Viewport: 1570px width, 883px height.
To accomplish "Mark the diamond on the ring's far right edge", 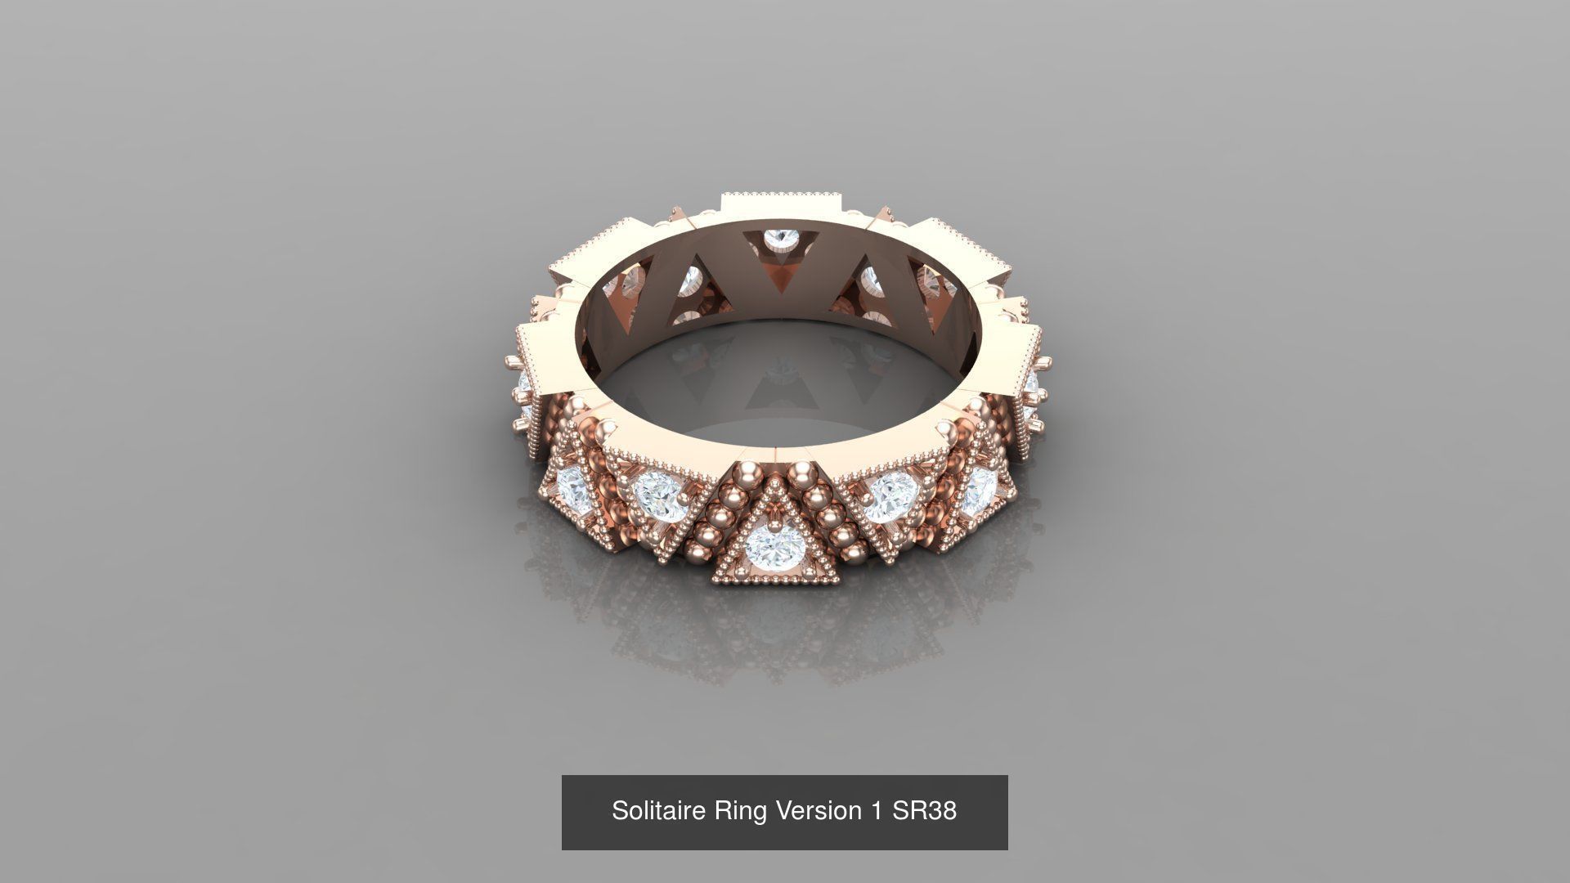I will tap(1032, 385).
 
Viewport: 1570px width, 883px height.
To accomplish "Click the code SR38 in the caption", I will tap(924, 810).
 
